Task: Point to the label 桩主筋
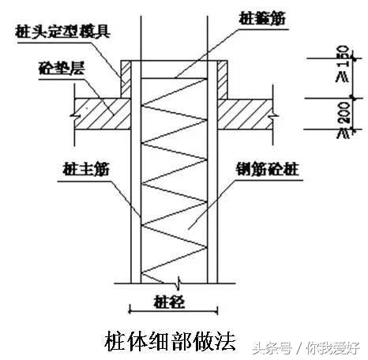(77, 168)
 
